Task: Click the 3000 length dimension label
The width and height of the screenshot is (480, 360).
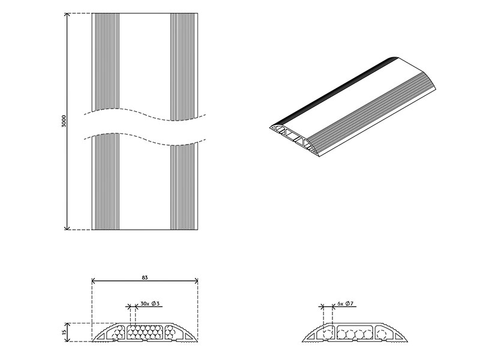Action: pos(64,121)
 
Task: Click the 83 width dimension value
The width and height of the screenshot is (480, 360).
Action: pos(145,278)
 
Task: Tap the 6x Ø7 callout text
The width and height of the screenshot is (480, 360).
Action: pos(346,304)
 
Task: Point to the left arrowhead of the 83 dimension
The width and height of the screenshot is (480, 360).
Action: pos(94,281)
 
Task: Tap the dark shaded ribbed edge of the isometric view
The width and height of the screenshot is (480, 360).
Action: pos(336,90)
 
